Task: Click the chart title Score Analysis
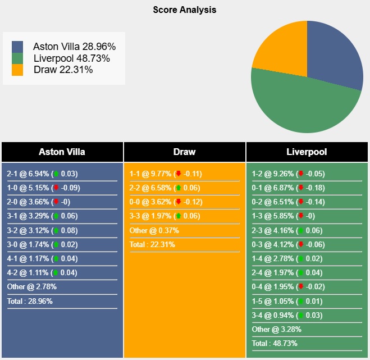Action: (184, 10)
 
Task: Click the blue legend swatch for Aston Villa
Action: (17, 47)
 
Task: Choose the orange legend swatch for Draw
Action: (17, 70)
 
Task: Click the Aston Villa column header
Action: (62, 152)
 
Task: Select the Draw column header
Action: (185, 152)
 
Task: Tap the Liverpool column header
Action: (307, 152)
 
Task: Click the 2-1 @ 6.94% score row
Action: (43, 174)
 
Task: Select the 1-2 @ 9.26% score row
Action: (289, 174)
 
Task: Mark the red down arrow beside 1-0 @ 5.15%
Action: (56, 188)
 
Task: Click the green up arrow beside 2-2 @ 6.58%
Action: (179, 188)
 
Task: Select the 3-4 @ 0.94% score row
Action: (288, 315)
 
